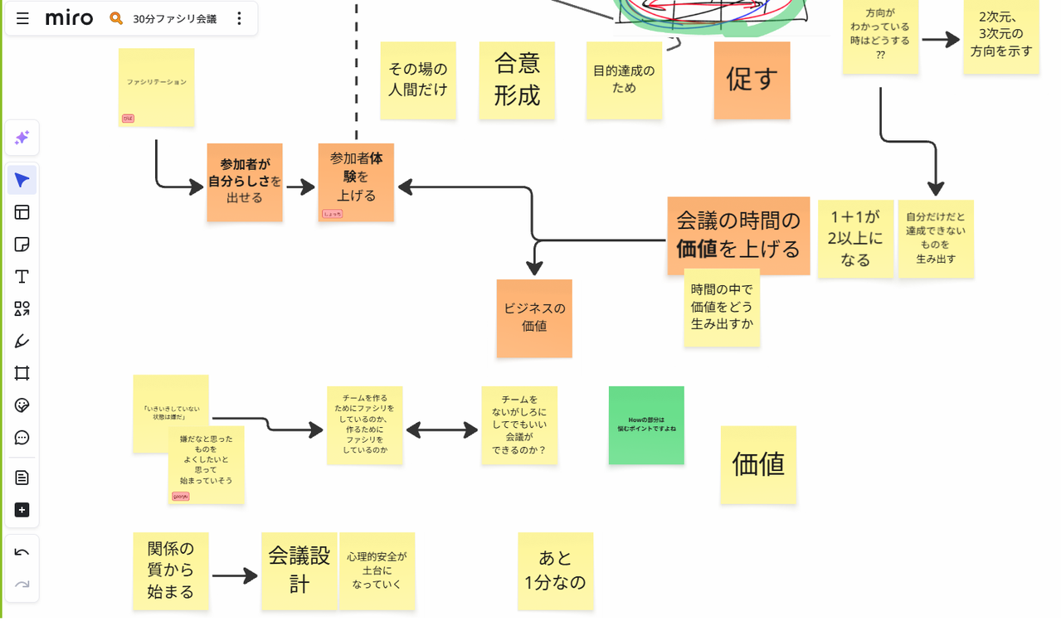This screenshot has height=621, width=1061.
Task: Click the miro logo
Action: (x=69, y=18)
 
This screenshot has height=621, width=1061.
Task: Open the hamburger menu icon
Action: (x=22, y=18)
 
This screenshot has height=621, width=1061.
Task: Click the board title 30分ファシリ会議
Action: (x=174, y=18)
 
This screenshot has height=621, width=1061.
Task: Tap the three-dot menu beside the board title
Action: (x=239, y=18)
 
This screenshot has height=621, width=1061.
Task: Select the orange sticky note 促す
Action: (x=752, y=80)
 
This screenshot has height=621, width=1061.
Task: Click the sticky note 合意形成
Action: (x=517, y=80)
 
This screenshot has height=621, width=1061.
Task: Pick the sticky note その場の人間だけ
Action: (x=418, y=80)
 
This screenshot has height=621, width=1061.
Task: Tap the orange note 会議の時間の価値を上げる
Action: (x=738, y=235)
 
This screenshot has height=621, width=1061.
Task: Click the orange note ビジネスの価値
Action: (x=534, y=318)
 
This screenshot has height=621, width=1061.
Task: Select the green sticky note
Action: (x=646, y=425)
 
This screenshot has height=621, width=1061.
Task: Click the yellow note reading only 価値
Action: (x=758, y=464)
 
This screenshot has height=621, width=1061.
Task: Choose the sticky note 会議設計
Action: (x=299, y=570)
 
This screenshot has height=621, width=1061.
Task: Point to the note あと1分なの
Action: (x=555, y=570)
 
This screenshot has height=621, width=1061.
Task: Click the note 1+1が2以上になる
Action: (x=854, y=239)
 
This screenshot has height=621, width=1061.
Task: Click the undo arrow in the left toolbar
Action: (x=22, y=553)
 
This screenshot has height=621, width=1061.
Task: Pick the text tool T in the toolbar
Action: (x=22, y=277)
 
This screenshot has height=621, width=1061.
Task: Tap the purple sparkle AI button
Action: (x=22, y=138)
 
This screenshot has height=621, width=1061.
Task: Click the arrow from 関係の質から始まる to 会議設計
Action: (x=235, y=576)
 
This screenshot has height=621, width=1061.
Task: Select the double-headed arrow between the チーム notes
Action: (x=441, y=429)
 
